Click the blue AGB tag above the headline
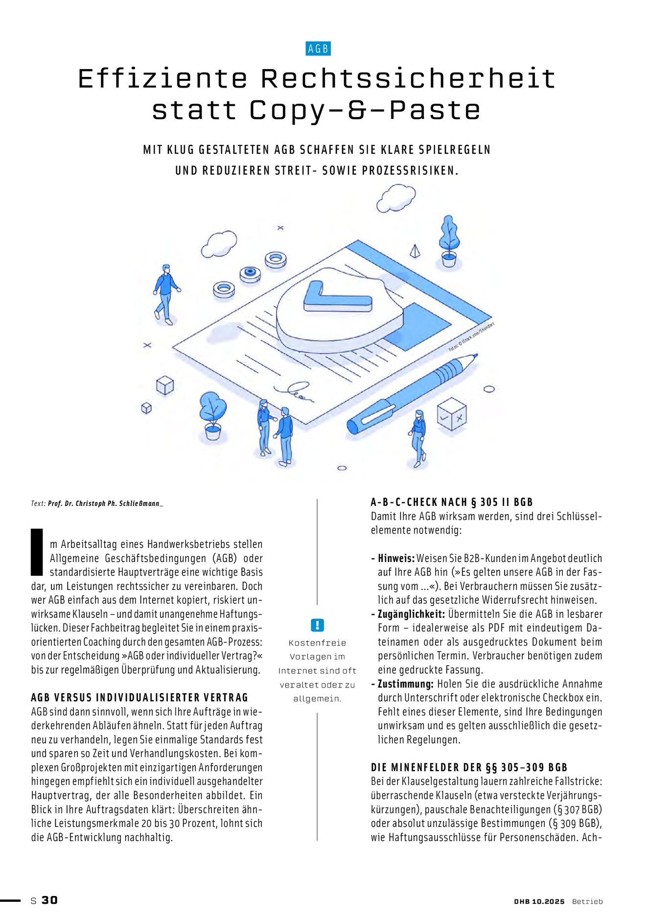click(x=318, y=49)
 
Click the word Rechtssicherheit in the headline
click(x=408, y=79)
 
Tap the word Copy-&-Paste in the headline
click(x=365, y=110)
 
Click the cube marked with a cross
click(x=451, y=414)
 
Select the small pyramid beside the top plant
click(x=415, y=251)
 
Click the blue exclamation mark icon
click(x=317, y=625)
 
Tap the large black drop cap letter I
click(x=37, y=551)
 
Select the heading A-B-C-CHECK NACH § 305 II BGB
click(x=451, y=502)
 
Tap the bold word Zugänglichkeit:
click(x=411, y=614)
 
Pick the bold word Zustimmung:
click(x=406, y=684)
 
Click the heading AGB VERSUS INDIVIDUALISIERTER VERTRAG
click(x=139, y=698)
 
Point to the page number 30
click(x=49, y=900)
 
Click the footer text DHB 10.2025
click(x=539, y=901)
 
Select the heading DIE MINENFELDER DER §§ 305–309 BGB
click(x=469, y=767)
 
